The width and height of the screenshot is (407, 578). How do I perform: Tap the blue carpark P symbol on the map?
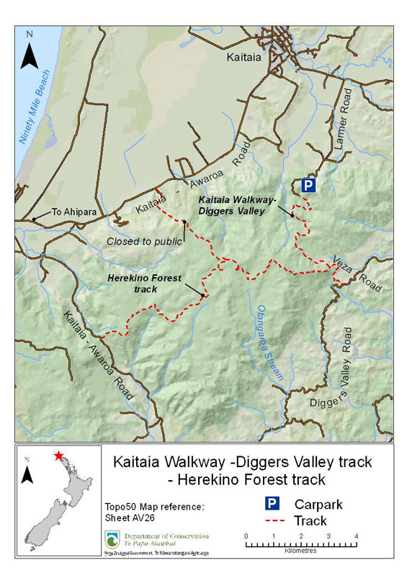coord(308,186)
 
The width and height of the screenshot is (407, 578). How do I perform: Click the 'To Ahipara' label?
coord(71,212)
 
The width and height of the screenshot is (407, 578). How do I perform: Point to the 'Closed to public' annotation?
coord(144,241)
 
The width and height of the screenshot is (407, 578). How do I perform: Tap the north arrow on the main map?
coord(29,52)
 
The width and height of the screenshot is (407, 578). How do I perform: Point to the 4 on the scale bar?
coord(356,536)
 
